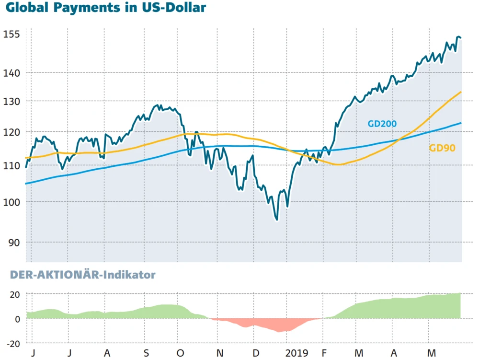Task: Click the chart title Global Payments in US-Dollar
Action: tap(103, 8)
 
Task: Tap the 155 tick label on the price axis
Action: tap(11, 34)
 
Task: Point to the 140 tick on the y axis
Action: tap(11, 73)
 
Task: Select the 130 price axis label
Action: tap(11, 101)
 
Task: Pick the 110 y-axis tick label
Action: tap(11, 165)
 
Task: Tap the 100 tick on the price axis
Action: tap(11, 202)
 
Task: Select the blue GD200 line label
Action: tap(382, 124)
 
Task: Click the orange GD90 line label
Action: tap(442, 149)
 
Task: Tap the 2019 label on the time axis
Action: tap(297, 353)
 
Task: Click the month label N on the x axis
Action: tap(219, 353)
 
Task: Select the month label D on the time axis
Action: tap(256, 353)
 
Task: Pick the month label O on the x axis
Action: tap(180, 353)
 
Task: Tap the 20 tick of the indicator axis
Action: tap(14, 294)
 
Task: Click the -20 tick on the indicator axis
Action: tap(12, 343)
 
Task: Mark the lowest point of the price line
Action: tap(276, 220)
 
